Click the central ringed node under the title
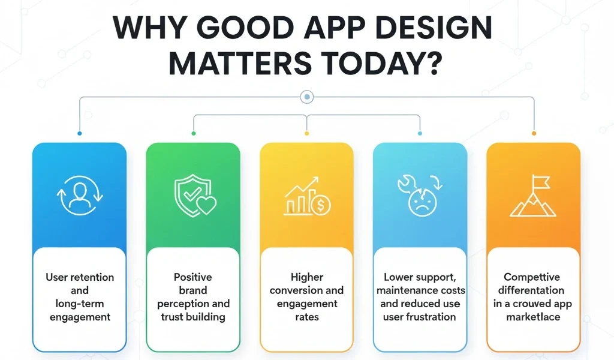pos(307,96)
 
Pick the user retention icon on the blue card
pos(79,196)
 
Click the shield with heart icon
pos(193,196)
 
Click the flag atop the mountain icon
pos(538,181)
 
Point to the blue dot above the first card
pos(80,133)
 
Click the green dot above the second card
pos(193,133)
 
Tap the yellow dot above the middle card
pos(307,133)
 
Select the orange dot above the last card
pos(534,133)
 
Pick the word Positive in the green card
pos(193,277)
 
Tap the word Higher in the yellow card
pos(307,277)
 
